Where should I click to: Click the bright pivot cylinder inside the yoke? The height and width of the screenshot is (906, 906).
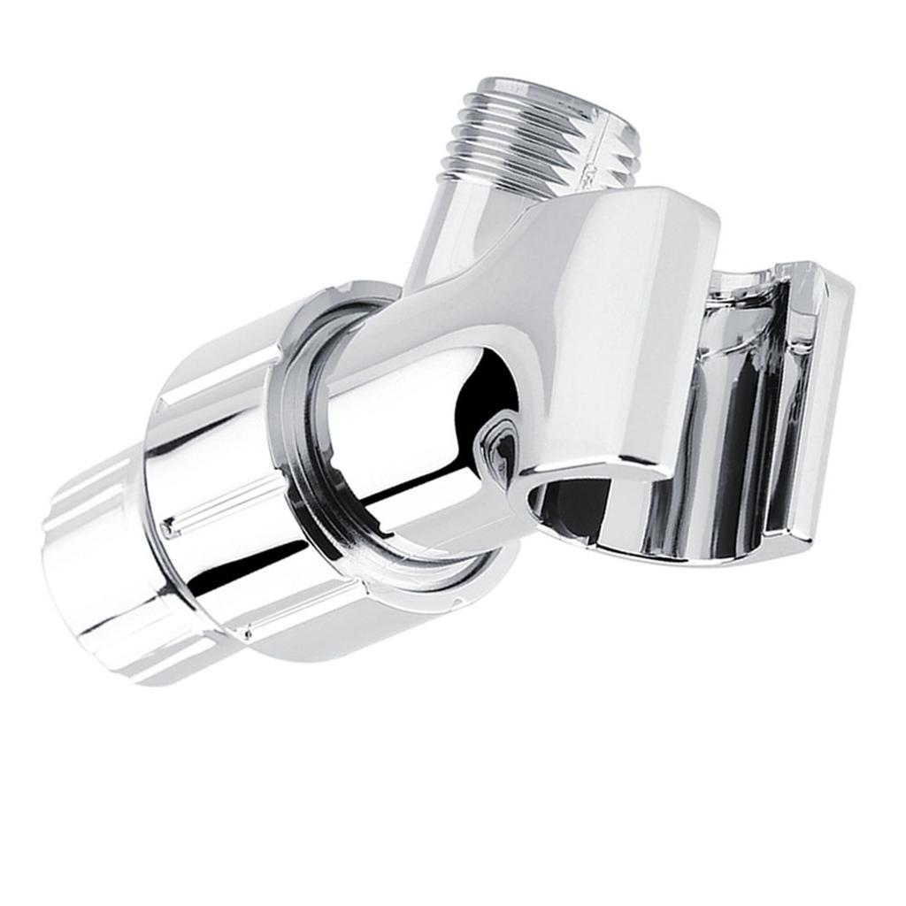point(398,416)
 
